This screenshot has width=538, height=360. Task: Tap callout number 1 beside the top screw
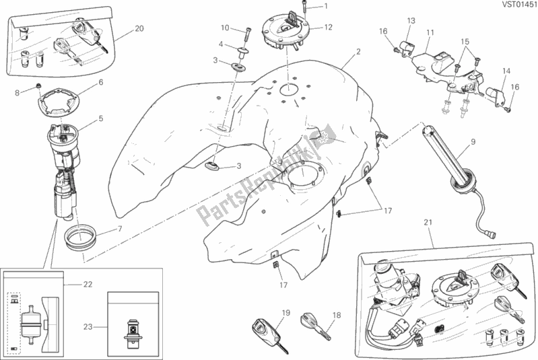click(328, 7)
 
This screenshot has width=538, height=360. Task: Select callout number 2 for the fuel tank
click(358, 52)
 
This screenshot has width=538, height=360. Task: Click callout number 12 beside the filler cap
click(328, 28)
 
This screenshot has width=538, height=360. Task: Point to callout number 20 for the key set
click(139, 29)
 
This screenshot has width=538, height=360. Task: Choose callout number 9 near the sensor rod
click(473, 141)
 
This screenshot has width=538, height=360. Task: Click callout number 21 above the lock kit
click(428, 223)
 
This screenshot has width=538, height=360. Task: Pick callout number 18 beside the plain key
click(337, 314)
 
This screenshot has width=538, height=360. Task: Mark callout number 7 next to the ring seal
click(121, 229)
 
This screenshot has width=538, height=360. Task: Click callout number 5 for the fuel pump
click(100, 119)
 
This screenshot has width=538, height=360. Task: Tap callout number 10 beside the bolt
click(225, 28)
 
